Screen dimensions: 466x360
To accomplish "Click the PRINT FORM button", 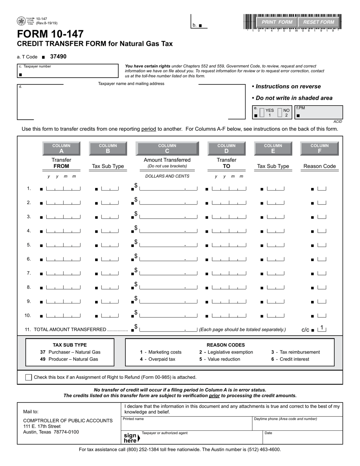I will coord(277,22).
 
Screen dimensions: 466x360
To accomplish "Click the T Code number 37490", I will coord(58,56).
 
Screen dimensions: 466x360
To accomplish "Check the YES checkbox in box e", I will coord(261,113).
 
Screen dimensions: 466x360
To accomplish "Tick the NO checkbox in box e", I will coord(280,113).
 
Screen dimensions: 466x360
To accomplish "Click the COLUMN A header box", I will coord(61,148).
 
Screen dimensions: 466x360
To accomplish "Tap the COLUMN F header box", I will coord(319,148).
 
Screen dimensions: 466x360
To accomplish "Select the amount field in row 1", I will coord(168,188).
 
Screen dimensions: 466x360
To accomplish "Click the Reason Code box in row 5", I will coord(322,245).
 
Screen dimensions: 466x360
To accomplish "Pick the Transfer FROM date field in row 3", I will coord(63,217).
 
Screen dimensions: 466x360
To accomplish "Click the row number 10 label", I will coord(28,315).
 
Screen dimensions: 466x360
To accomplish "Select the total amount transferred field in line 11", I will coord(168,329).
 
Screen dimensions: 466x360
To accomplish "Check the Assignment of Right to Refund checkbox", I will coord(28,377).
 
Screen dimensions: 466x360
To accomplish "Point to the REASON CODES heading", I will coord(225,345).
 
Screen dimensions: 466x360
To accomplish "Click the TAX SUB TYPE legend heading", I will coord(70,345).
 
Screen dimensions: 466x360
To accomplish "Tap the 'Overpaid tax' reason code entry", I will coord(158,359).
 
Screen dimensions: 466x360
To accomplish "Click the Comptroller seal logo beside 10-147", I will coord(21,21).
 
